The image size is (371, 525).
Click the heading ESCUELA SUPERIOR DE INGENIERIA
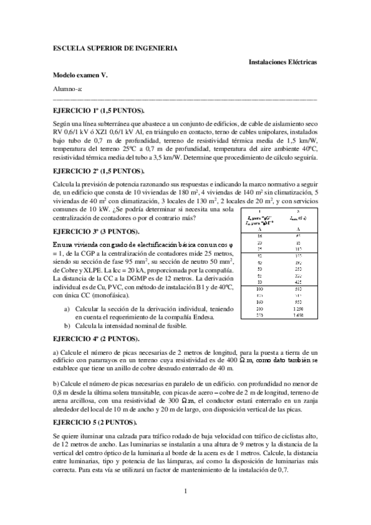[116, 48]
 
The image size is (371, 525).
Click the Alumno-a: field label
[67, 89]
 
